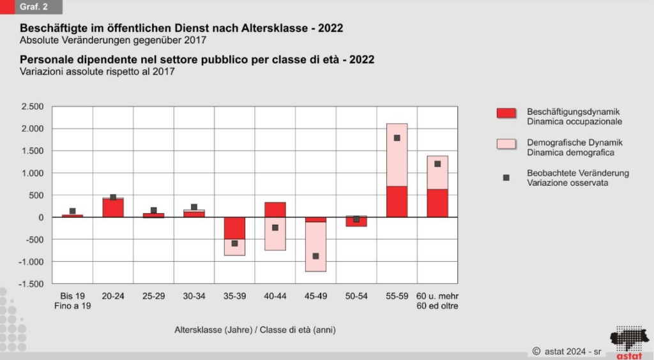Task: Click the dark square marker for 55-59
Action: (397, 138)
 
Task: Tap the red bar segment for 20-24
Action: (113, 208)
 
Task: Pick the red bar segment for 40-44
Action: (275, 209)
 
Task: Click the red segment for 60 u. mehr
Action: (437, 203)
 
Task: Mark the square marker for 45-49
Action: (316, 256)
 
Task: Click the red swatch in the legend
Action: (506, 113)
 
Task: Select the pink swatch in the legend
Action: (506, 144)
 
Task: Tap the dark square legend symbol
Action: (506, 177)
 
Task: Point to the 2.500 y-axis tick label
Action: (33, 107)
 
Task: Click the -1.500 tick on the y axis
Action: (31, 283)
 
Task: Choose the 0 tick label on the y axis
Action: (41, 218)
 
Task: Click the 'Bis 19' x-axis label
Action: (72, 296)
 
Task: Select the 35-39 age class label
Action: (234, 296)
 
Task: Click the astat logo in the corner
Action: (628, 343)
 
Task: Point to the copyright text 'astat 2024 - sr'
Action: (567, 350)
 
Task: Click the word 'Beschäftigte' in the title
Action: (54, 29)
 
